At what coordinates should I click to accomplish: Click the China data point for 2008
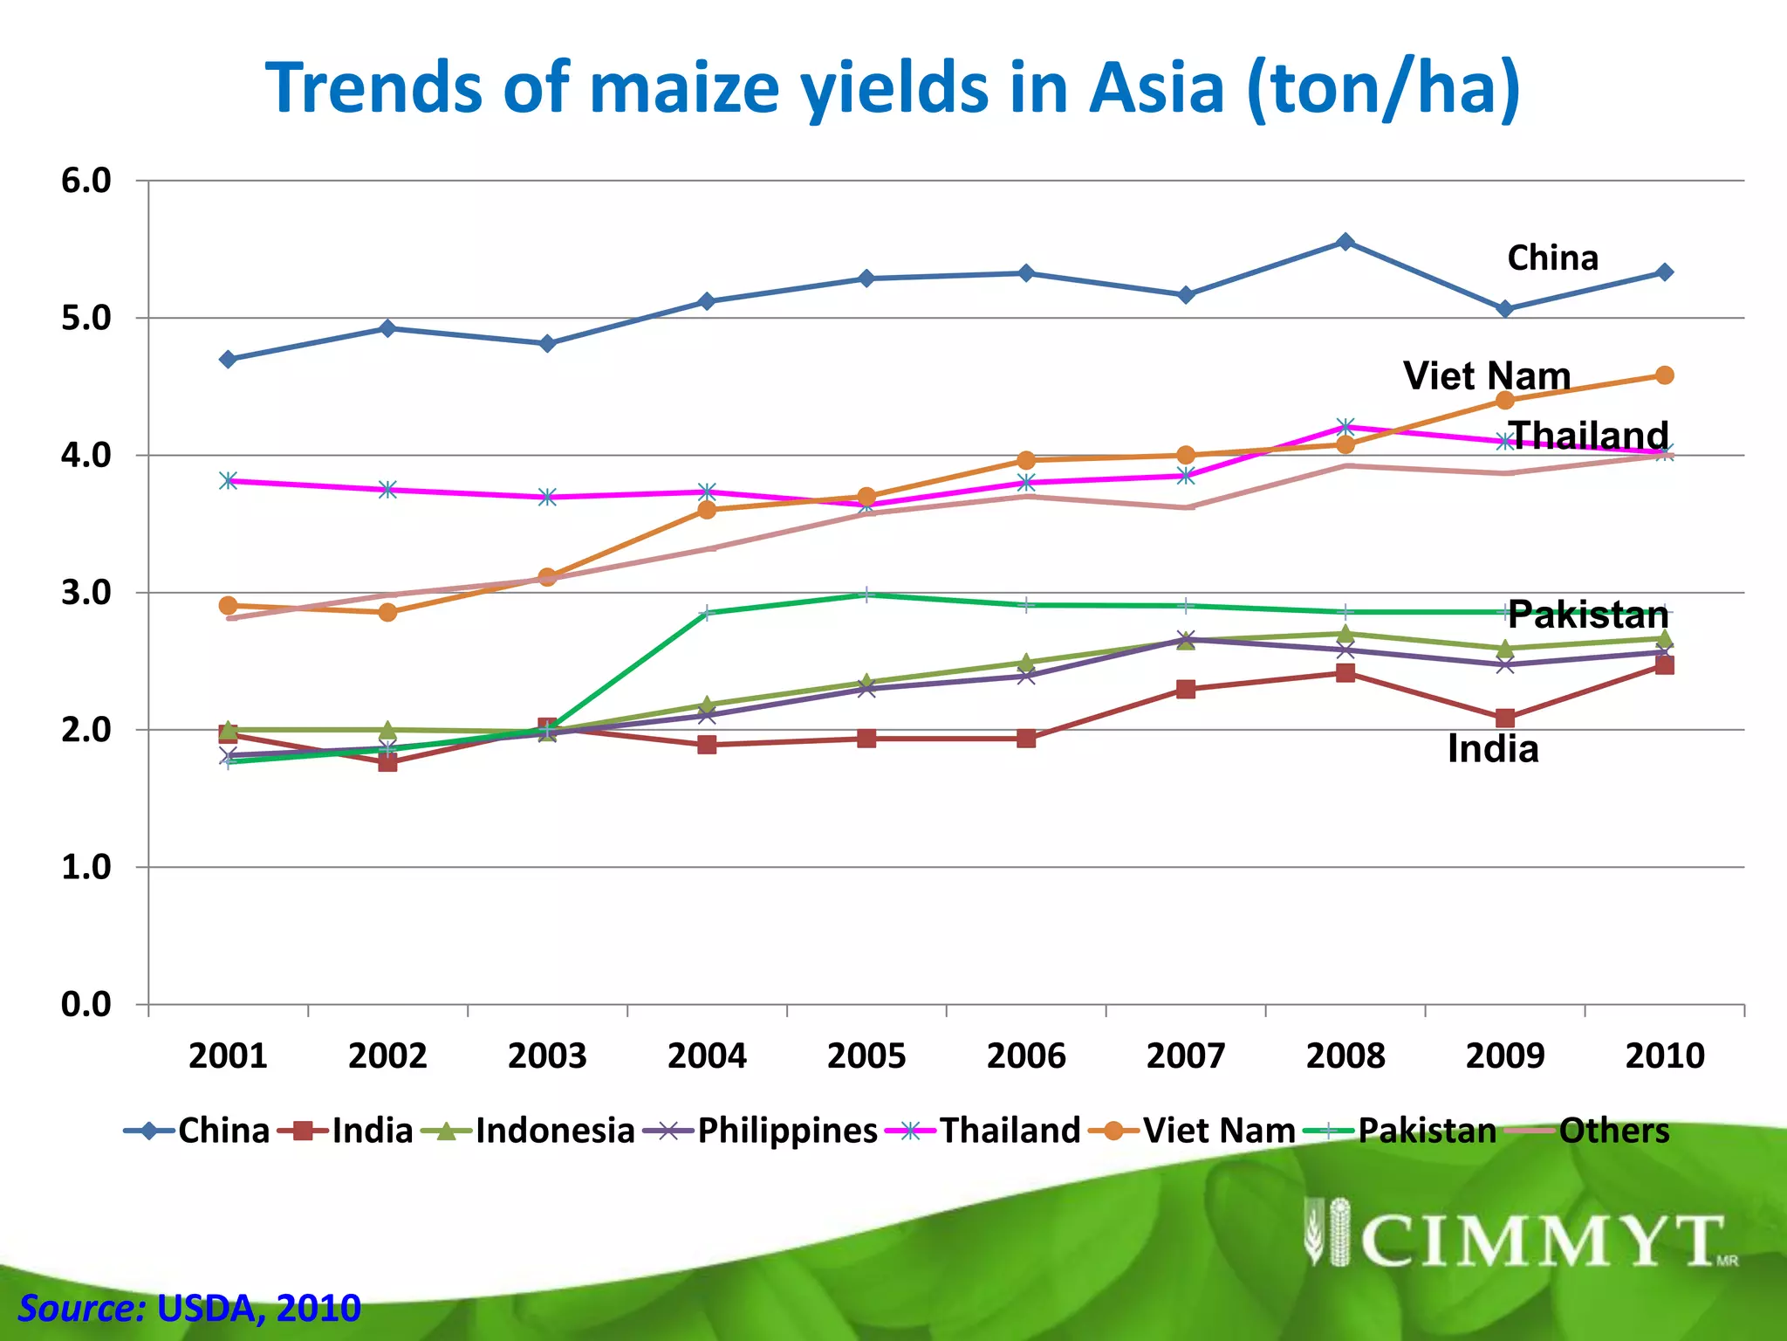(1345, 242)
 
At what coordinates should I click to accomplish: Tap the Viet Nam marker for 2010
(1664, 375)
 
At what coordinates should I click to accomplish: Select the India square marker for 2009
(1505, 719)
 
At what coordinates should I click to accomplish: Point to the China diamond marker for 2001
(229, 360)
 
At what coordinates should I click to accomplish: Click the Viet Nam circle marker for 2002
(388, 612)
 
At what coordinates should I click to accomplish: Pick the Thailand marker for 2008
(1345, 427)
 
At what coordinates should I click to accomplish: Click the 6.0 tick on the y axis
(86, 181)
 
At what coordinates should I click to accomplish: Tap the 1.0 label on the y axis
(86, 867)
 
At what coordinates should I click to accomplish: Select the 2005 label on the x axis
(866, 1056)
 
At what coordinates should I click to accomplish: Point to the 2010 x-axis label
(1664, 1056)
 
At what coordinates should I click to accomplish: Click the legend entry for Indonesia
(554, 1131)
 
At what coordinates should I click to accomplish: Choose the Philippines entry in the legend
(786, 1131)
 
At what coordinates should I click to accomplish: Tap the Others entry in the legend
(1613, 1131)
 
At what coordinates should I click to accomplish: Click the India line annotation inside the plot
(1493, 749)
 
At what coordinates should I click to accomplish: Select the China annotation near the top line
(1552, 258)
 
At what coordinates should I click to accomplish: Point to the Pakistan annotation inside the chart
(1587, 615)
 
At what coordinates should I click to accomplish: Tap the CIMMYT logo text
(1540, 1241)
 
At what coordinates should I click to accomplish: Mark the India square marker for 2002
(388, 762)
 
